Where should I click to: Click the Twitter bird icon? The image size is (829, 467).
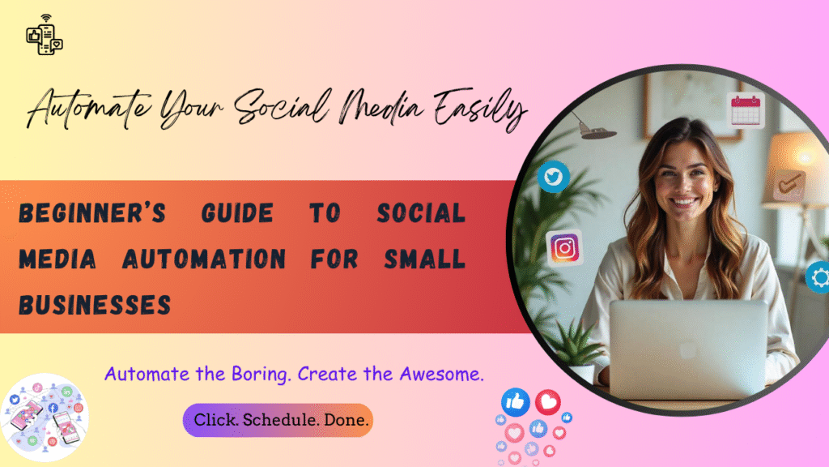coord(554,176)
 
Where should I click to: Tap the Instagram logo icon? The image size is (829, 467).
coord(565,247)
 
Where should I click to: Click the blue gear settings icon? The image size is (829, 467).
coord(819,278)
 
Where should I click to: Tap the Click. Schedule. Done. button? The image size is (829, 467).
coord(278,420)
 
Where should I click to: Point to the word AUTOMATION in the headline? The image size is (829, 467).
coord(203,259)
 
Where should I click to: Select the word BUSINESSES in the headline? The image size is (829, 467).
coord(95,305)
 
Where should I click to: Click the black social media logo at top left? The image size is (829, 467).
coord(45,36)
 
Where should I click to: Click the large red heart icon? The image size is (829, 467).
coord(548,401)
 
